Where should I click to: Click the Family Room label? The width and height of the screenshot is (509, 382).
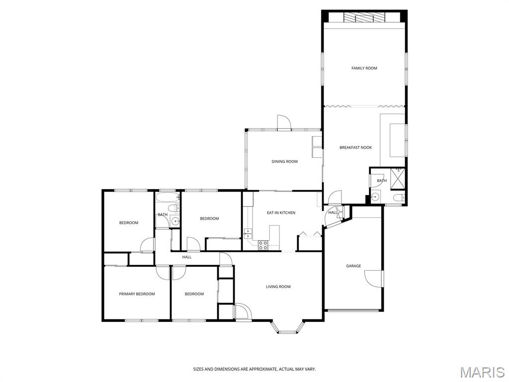[364, 68]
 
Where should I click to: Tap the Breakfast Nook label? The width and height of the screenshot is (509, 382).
[355, 147]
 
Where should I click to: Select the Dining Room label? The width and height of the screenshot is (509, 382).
[284, 162]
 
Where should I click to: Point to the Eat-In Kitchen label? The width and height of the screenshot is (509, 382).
[281, 213]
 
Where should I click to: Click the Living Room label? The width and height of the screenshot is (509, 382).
[278, 287]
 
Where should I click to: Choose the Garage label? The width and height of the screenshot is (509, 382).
[353, 266]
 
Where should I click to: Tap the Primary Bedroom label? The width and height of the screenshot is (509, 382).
[137, 294]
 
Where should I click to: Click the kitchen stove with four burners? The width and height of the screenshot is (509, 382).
[263, 245]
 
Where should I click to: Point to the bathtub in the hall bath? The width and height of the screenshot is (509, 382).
[168, 197]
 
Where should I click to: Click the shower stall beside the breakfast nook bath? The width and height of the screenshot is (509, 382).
[397, 179]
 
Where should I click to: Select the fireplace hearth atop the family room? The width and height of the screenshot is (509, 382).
[364, 17]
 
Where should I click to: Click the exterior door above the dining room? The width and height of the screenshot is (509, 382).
[284, 122]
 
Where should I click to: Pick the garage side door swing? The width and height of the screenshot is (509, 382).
[373, 279]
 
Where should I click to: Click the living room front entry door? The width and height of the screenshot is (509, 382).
[243, 311]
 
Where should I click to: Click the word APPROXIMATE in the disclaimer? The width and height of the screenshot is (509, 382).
[264, 370]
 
